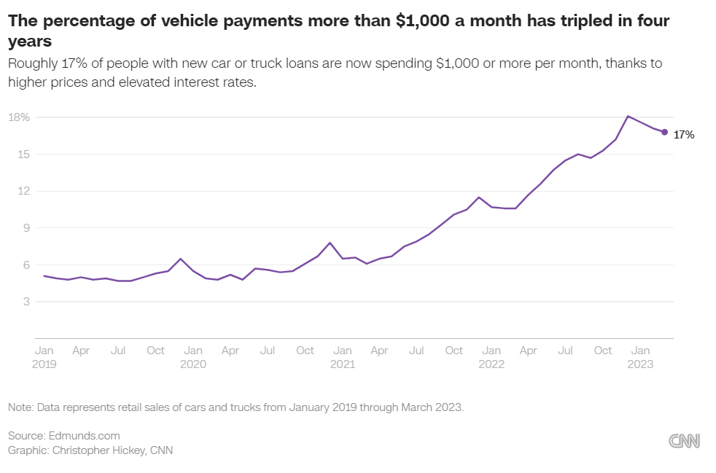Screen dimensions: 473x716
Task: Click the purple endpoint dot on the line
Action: [664, 132]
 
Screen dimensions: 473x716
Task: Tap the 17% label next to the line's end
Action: [683, 135]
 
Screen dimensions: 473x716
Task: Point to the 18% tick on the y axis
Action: [18, 117]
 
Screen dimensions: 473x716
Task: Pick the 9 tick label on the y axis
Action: [25, 228]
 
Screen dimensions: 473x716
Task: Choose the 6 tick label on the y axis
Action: [25, 265]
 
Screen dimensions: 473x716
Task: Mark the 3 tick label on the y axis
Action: [25, 302]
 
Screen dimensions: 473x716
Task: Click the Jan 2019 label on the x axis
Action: [44, 357]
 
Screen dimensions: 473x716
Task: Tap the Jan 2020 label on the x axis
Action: [193, 357]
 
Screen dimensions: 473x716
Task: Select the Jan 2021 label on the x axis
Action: [343, 357]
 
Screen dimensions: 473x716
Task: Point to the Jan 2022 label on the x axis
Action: [491, 357]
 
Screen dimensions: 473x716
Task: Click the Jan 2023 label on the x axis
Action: [641, 357]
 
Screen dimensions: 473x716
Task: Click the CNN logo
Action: [684, 440]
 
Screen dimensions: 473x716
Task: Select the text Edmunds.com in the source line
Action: [84, 436]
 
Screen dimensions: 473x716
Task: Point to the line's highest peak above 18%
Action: [629, 116]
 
